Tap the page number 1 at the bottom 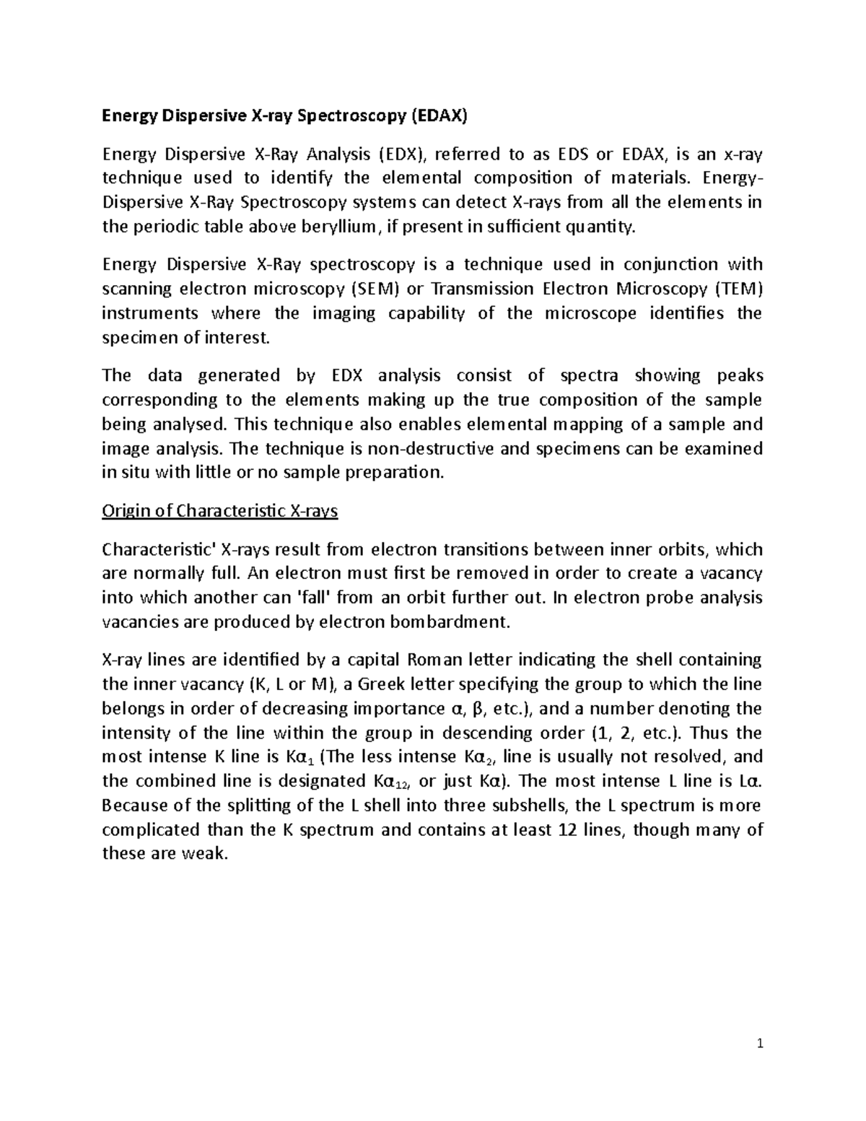pyautogui.click(x=760, y=1044)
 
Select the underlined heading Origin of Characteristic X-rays pyautogui.click(x=220, y=512)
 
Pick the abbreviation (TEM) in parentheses pyautogui.click(x=738, y=289)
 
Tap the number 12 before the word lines pyautogui.click(x=567, y=830)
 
